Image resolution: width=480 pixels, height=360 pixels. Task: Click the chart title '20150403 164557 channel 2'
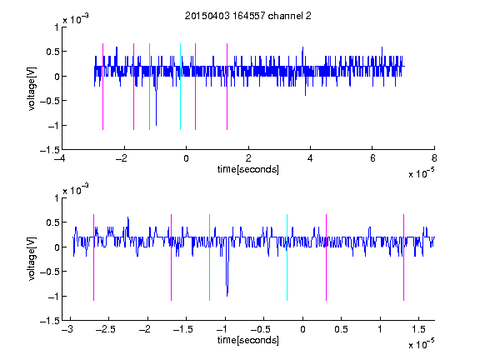click(248, 16)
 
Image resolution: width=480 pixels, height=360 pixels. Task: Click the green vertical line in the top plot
click(149, 87)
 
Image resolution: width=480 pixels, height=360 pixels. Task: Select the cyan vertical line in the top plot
click(180, 87)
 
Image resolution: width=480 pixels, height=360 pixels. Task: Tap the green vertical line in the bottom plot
click(209, 257)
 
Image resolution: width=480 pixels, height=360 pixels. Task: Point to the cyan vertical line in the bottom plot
click(287, 257)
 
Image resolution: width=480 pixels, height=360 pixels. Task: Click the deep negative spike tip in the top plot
click(156, 125)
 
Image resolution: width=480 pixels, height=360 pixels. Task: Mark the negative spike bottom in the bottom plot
click(227, 296)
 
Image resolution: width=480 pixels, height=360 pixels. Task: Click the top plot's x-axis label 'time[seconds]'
click(248, 169)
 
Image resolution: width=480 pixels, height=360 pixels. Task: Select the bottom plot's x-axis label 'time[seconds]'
click(248, 340)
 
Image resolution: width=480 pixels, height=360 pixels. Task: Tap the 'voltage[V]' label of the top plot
click(32, 88)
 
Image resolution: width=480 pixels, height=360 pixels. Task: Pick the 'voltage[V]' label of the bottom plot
click(32, 259)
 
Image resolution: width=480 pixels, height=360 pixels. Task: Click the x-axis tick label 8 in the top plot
click(434, 158)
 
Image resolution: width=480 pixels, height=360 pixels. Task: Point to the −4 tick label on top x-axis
click(62, 158)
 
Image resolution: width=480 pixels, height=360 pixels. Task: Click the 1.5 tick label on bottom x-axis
click(418, 329)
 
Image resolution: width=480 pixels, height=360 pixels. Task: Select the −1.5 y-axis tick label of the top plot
click(50, 150)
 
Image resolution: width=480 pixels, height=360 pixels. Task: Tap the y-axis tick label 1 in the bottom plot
click(57, 198)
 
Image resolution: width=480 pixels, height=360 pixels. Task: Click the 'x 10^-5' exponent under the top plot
click(421, 173)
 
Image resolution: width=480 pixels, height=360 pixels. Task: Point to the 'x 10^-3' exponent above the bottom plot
click(76, 190)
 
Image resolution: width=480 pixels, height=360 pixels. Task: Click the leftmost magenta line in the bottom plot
click(93, 257)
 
